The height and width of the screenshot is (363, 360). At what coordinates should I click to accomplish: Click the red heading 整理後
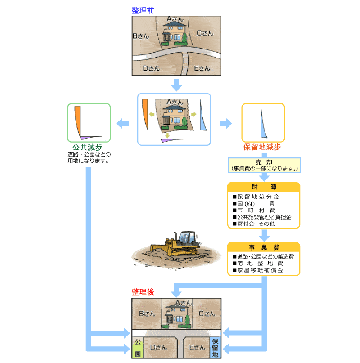[143, 292]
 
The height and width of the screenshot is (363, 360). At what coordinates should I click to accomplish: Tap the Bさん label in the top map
[141, 36]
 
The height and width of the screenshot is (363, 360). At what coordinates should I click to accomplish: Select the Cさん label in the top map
[205, 33]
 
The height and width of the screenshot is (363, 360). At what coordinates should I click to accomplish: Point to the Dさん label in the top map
[151, 68]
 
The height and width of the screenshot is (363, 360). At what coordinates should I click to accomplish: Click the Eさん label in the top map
[202, 68]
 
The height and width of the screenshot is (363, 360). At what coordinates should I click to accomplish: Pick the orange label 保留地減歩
[262, 147]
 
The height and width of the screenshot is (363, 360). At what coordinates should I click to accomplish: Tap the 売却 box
[264, 165]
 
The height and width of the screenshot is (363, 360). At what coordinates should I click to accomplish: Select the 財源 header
[264, 187]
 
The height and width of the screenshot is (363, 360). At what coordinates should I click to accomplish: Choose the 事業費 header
[264, 247]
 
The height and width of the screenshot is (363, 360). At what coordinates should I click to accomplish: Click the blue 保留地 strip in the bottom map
[215, 347]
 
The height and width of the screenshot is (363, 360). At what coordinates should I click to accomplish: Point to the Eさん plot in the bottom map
[197, 347]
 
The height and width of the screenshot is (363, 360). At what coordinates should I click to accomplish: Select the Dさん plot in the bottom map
[158, 347]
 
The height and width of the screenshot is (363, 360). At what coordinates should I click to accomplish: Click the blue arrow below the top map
[176, 84]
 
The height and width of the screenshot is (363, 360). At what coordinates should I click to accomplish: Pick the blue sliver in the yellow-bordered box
[263, 125]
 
